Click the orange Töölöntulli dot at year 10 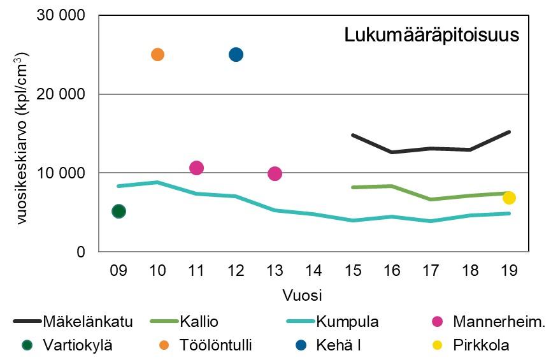157,54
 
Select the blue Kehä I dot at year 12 236,54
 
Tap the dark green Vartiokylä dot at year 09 118,211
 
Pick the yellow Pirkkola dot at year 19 509,198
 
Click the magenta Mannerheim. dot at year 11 196,168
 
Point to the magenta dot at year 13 275,173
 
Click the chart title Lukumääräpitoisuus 432,35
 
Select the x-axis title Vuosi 303,296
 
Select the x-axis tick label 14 314,270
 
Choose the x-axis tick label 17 431,270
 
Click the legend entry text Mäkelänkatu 88,322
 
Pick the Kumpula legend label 347,322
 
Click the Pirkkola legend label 481,346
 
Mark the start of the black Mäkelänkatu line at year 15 353,135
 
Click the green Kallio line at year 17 431,199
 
